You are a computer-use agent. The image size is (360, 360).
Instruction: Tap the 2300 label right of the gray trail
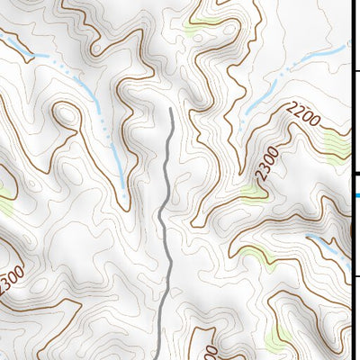pyautogui.click(x=261, y=168)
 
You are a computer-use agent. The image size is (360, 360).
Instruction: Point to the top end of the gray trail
pyautogui.click(x=171, y=109)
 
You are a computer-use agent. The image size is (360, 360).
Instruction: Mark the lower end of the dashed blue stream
pyautogui.click(x=124, y=190)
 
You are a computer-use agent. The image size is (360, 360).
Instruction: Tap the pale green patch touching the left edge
pyautogui.click(x=4, y=191)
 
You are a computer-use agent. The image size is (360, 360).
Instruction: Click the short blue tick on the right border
pyautogui.click(x=356, y=194)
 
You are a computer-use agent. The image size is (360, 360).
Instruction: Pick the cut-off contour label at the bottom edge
pyautogui.click(x=212, y=351)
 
